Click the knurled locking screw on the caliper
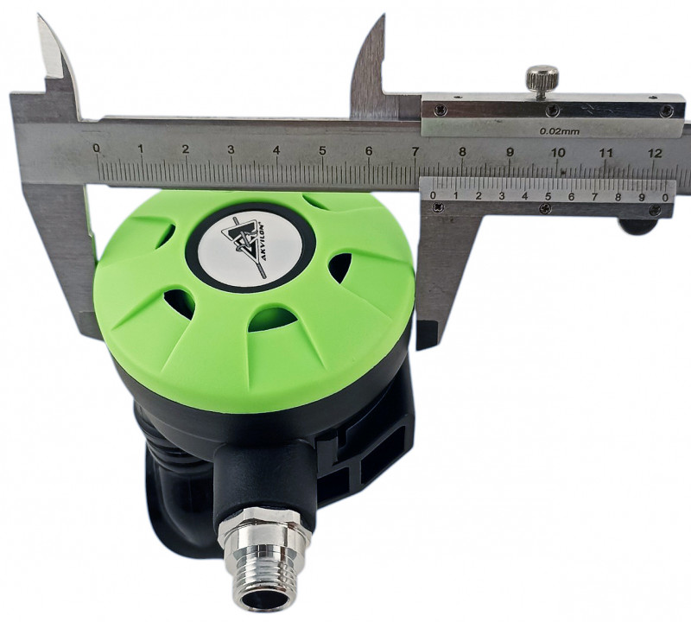click(x=542, y=79)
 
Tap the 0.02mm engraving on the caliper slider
click(x=560, y=131)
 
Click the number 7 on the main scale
click(x=415, y=151)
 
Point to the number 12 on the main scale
click(x=656, y=153)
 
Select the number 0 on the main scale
click(x=97, y=148)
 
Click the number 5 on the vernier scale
click(x=548, y=196)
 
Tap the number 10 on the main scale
click(x=558, y=153)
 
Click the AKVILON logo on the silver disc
click(x=250, y=250)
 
